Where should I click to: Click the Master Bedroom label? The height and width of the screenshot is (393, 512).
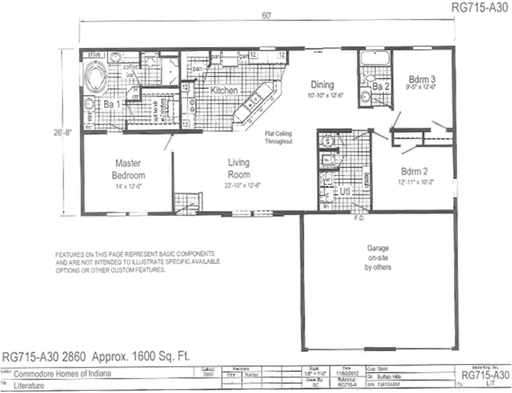click(129, 169)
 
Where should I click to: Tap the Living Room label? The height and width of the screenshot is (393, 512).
click(239, 168)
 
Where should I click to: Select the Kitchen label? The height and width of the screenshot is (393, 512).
click(224, 90)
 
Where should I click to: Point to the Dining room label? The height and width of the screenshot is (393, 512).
click(322, 85)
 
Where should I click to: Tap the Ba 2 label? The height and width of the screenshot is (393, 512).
click(381, 87)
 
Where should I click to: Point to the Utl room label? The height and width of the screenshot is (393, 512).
click(345, 192)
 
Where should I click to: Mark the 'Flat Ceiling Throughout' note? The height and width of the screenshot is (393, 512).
click(279, 137)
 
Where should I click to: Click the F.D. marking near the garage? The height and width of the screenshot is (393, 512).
click(358, 219)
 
